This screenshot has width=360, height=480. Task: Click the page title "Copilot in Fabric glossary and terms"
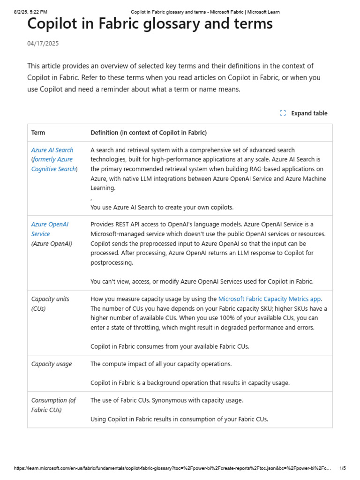click(150, 23)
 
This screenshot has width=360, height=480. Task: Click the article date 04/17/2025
click(43, 44)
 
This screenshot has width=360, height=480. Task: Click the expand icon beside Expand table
click(283, 113)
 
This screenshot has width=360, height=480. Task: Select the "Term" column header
click(38, 133)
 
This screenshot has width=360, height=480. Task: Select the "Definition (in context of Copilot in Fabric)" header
click(148, 133)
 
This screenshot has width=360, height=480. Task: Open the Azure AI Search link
click(52, 150)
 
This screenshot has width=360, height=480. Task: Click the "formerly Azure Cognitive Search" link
click(53, 164)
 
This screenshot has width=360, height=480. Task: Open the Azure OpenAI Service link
click(49, 229)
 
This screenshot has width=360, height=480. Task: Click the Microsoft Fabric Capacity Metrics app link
click(270, 299)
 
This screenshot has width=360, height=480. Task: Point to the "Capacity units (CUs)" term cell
click(50, 304)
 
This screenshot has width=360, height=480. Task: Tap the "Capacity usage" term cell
click(52, 364)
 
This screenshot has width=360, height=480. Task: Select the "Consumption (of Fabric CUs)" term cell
click(53, 405)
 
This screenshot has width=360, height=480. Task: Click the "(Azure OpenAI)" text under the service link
click(52, 244)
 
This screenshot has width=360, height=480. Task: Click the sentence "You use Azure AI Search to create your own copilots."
click(162, 207)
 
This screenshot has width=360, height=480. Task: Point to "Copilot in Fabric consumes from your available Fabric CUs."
click(170, 346)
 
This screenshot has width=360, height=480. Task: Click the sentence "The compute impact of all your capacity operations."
click(161, 364)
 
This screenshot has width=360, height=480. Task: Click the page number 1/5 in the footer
click(342, 468)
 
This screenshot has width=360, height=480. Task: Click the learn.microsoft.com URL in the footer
click(172, 468)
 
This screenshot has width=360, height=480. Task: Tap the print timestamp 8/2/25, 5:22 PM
click(30, 12)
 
